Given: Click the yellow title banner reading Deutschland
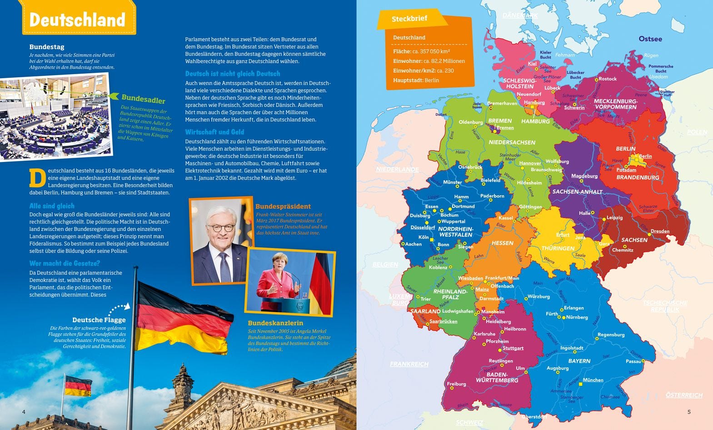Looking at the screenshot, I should click(77, 20).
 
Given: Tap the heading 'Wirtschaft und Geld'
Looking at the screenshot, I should click(214, 132).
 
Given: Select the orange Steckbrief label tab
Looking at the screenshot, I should click(409, 19).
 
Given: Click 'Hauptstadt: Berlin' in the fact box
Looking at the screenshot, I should click(416, 80).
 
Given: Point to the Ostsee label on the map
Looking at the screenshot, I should click(650, 39).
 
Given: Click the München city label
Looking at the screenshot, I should click(593, 380).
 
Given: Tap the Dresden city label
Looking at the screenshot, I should click(659, 231).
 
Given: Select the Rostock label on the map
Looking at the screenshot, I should click(607, 79).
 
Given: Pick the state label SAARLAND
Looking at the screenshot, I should click(425, 311).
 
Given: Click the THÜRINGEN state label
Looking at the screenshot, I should click(558, 248).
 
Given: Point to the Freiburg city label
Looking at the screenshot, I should click(456, 384).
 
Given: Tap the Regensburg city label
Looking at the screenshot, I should click(611, 335).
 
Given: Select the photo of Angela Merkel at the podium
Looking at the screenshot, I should click(290, 282).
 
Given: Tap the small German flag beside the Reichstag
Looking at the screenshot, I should click(78, 386).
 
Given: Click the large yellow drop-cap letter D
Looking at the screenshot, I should click(37, 178).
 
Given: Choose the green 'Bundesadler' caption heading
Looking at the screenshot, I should click(143, 99).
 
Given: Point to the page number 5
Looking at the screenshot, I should click(688, 412).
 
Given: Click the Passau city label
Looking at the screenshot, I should click(633, 361).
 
